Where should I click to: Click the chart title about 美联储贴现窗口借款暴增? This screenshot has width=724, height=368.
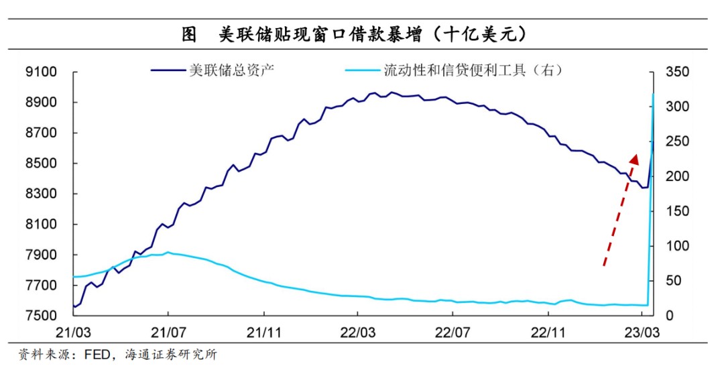(361, 34)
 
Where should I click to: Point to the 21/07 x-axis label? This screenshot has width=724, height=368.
(168, 331)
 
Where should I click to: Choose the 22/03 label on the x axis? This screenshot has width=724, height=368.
(357, 331)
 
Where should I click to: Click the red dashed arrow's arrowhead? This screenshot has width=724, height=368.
(633, 158)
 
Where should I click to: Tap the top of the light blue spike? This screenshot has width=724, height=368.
(653, 93)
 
